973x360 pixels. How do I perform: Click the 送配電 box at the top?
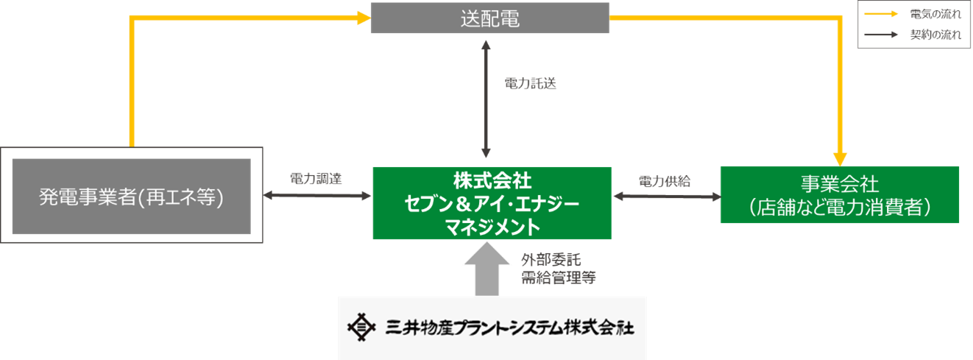[x=489, y=18]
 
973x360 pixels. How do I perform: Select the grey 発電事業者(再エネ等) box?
[x=131, y=196]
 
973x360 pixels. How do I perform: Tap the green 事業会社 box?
[x=839, y=194]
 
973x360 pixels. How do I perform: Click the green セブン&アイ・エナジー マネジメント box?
[x=492, y=203]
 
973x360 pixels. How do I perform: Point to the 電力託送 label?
[x=530, y=82]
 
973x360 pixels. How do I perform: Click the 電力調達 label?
[x=316, y=179]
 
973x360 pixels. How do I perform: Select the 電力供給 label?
[x=664, y=181]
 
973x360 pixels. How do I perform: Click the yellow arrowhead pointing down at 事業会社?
[x=840, y=158]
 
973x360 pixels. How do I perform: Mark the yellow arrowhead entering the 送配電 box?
[x=363, y=18]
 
